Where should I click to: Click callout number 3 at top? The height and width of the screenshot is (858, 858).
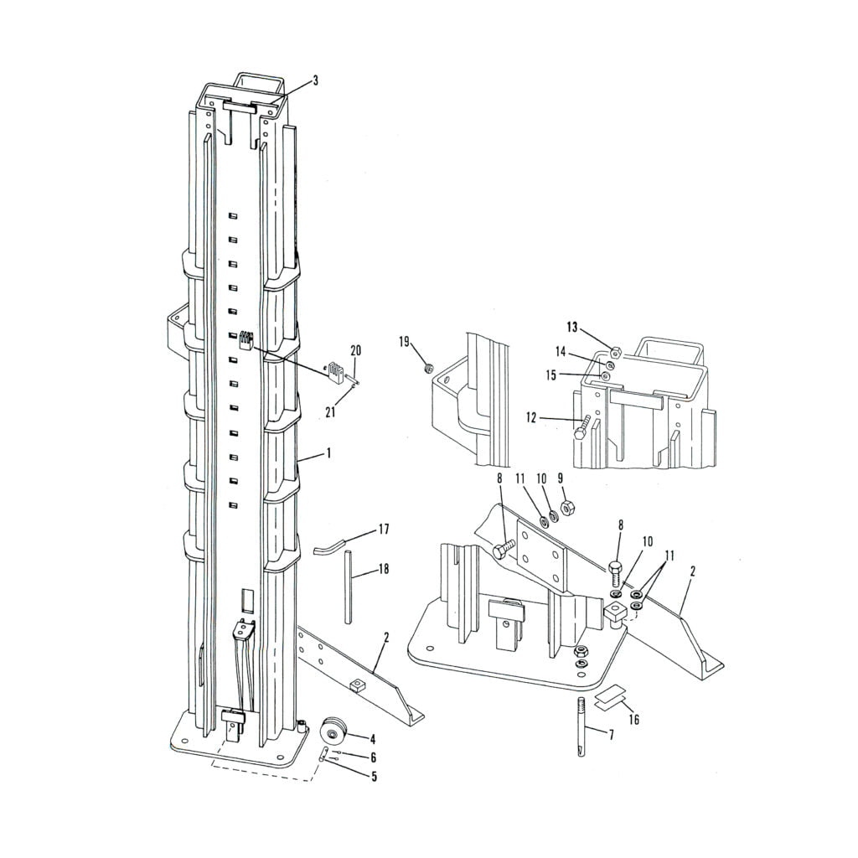pos(315,80)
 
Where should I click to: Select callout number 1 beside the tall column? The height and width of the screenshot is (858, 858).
pos(328,452)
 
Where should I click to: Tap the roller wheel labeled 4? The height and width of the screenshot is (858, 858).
pos(335,733)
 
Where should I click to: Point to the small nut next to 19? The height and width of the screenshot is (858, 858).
pos(427,366)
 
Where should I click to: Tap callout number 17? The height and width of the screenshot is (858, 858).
pos(384,529)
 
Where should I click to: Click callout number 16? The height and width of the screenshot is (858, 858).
pos(633,719)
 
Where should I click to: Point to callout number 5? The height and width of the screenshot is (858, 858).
pos(373,777)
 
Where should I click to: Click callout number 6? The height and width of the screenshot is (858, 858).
pos(373,757)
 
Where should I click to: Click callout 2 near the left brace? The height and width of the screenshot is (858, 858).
pos(385,638)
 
